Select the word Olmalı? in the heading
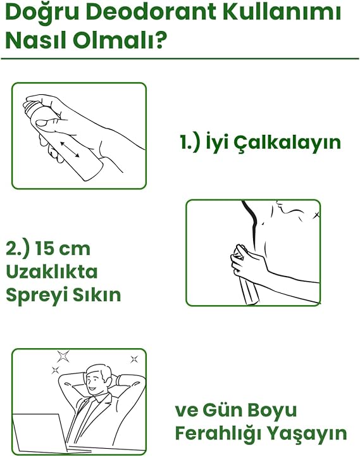pyautogui.click(x=120, y=40)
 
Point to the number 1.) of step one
pyautogui.click(x=190, y=142)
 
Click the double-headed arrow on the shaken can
pyautogui.click(x=70, y=149)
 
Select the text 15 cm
pyautogui.click(x=63, y=249)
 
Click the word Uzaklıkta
pyautogui.click(x=51, y=272)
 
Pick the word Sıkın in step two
pyautogui.click(x=96, y=294)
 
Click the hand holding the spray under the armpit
pyautogui.click(x=247, y=260)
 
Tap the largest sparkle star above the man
pyautogui.click(x=63, y=356)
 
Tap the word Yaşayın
pyautogui.click(x=307, y=434)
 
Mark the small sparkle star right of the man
pyautogui.click(x=134, y=359)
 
